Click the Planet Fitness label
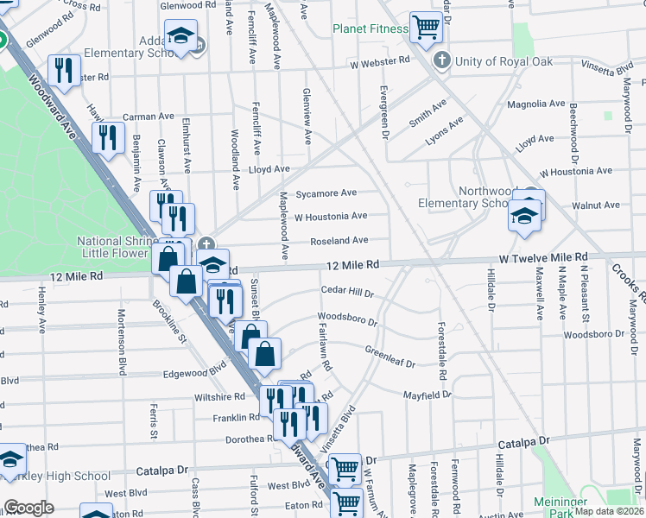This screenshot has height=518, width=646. [x=370, y=28]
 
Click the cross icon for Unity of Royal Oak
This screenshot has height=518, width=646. [x=442, y=60]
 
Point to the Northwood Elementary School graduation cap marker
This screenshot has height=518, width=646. [x=523, y=217]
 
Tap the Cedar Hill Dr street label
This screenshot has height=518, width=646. [x=347, y=292]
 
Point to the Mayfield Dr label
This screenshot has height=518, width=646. [x=427, y=395]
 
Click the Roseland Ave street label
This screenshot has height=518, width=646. [x=339, y=240]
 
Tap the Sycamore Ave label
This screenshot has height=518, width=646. [x=326, y=193]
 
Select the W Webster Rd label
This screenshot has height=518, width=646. [x=379, y=62]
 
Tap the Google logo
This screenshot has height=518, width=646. [x=28, y=508]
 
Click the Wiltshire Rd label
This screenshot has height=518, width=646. [x=220, y=396]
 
